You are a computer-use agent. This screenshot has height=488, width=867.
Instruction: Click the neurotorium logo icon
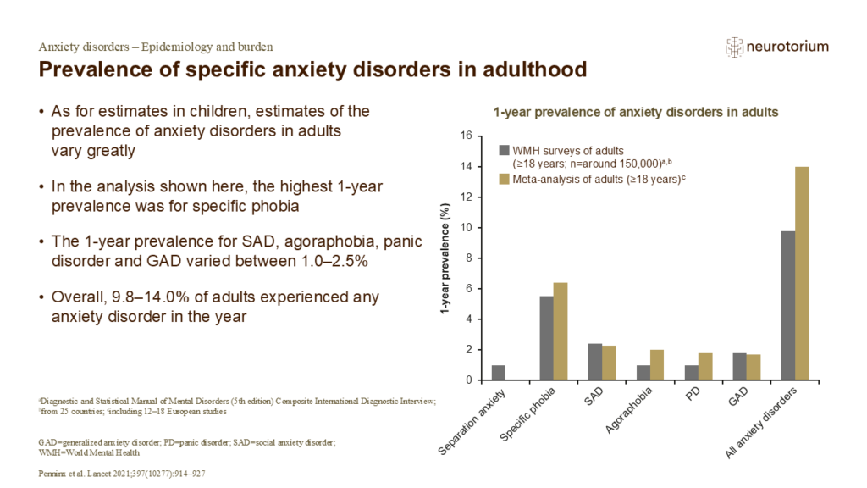pyautogui.click(x=734, y=47)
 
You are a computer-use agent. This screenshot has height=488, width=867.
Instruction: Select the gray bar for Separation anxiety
pyautogui.click(x=499, y=373)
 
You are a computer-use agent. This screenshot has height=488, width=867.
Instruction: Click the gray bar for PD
pyautogui.click(x=693, y=373)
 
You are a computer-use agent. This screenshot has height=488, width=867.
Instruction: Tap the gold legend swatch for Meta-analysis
pyautogui.click(x=505, y=178)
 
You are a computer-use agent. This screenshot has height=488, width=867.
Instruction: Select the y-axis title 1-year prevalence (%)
pyautogui.click(x=444, y=258)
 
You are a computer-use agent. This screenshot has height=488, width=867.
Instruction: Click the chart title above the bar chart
pyautogui.click(x=636, y=112)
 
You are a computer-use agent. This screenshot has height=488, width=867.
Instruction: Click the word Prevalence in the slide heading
pyautogui.click(x=91, y=69)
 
